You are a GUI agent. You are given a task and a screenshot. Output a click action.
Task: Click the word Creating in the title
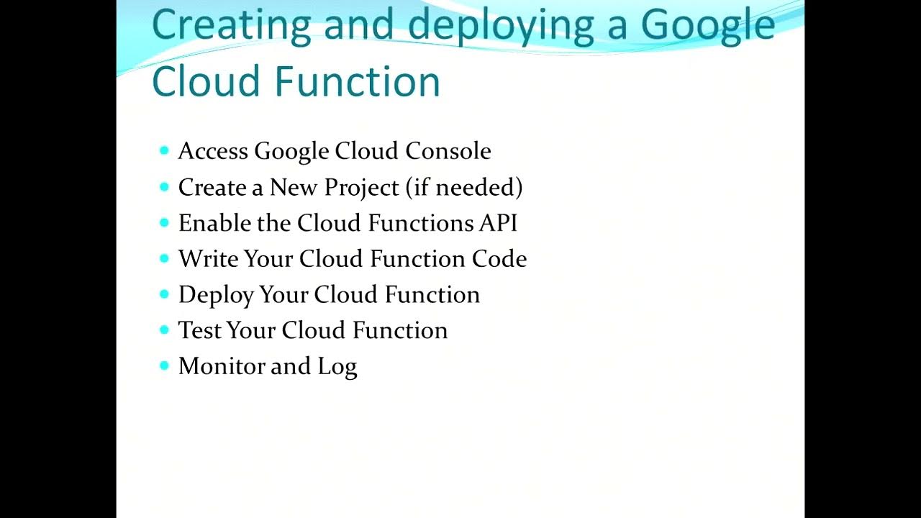point(231,25)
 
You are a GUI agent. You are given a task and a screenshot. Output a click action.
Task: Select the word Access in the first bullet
point(213,151)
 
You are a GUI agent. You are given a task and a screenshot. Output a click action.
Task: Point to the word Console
point(448,151)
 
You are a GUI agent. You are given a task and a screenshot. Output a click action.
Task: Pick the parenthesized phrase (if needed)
point(464,188)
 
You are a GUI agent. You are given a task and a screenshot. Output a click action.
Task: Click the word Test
point(199,330)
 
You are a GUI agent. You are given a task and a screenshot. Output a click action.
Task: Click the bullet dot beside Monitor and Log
point(164,365)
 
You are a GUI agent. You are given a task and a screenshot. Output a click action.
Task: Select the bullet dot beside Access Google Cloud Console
point(164,150)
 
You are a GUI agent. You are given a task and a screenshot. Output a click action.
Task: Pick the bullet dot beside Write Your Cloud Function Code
point(164,258)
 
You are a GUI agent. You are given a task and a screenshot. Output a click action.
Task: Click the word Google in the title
point(707,25)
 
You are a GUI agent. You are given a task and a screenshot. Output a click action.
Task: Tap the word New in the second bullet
point(294,188)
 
